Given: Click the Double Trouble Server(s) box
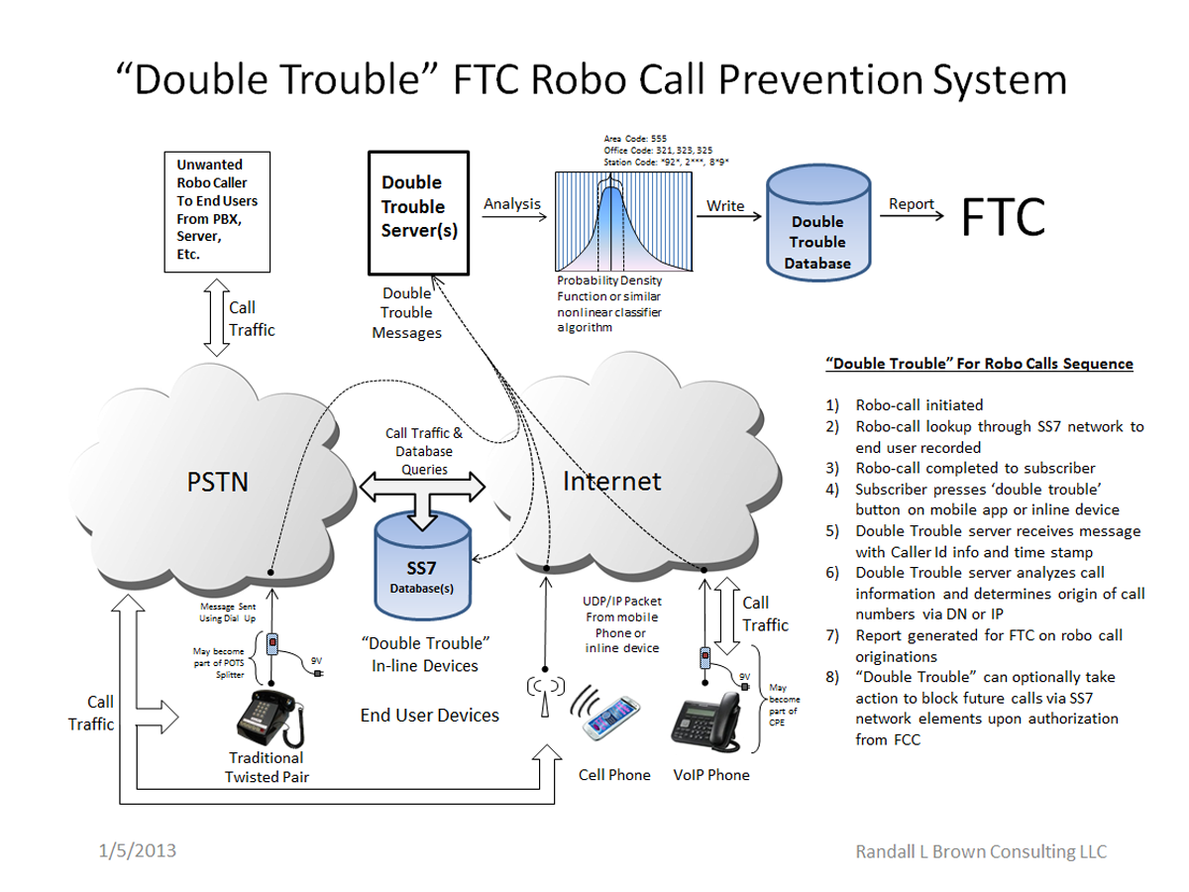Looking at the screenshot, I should click(417, 212).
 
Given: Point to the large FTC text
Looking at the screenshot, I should click(1003, 217).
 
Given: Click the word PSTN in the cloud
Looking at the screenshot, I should click(218, 483).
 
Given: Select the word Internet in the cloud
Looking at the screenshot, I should click(611, 482).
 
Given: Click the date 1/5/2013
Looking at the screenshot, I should click(138, 850).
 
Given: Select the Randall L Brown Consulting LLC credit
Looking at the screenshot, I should click(981, 851).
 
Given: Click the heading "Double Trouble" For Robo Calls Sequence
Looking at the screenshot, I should click(979, 364).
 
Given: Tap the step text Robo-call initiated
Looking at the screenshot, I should click(919, 404).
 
